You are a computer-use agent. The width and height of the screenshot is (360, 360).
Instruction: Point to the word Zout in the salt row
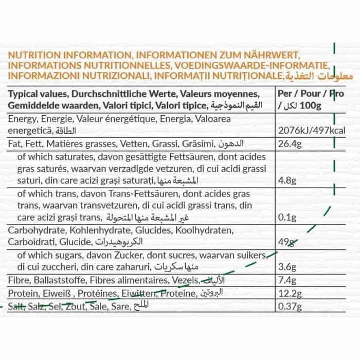point(73,308)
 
